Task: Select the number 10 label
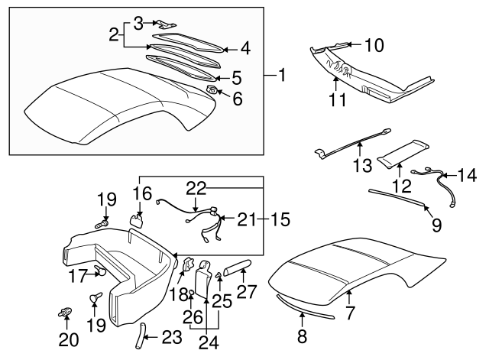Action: click(374, 45)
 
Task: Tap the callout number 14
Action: click(467, 176)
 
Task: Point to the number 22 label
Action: click(197, 187)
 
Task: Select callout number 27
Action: click(245, 290)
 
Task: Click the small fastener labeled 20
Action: click(65, 313)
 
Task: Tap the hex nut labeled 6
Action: click(211, 92)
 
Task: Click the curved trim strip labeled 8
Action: click(306, 309)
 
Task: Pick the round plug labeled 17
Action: click(99, 269)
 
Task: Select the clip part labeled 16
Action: click(138, 220)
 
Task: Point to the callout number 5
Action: click(236, 76)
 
